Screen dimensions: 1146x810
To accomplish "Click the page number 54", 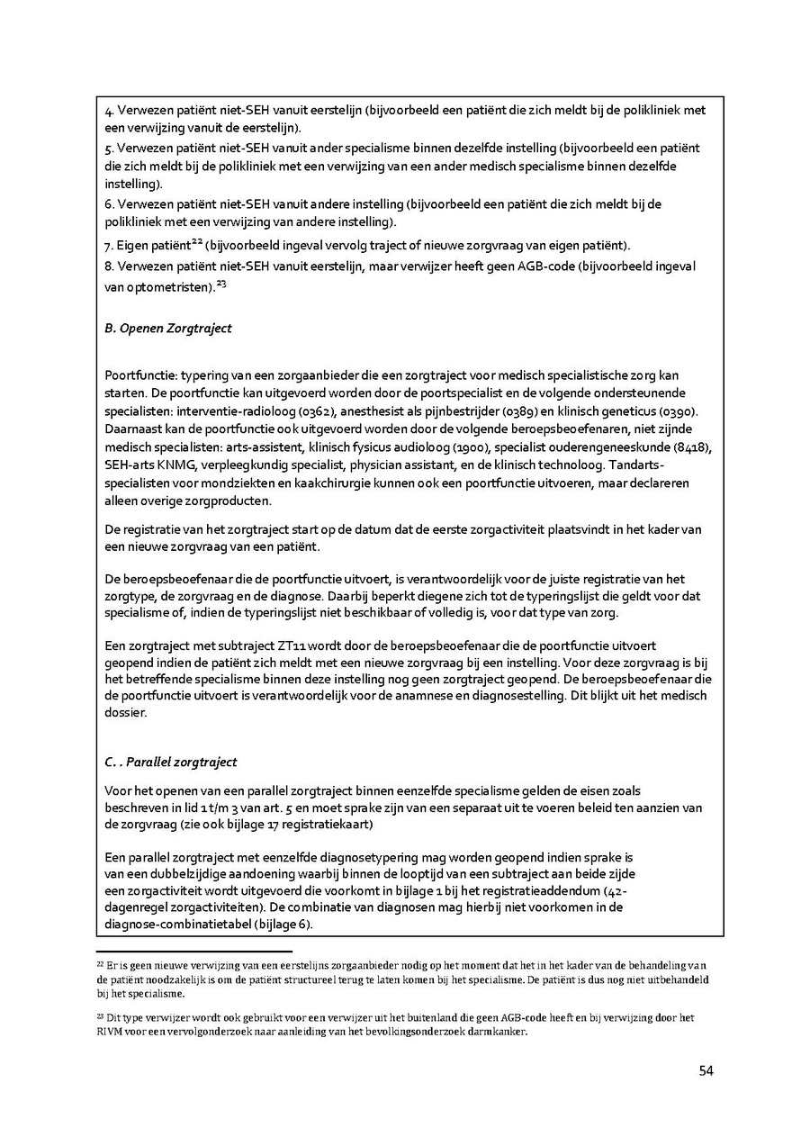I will coord(706,1070).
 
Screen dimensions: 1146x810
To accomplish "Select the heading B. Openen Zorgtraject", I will coord(168,329).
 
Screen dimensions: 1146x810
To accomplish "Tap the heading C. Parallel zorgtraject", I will coord(171,762).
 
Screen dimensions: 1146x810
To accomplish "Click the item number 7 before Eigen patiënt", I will coord(109,246).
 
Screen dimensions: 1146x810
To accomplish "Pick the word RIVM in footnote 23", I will coord(111,1033).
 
